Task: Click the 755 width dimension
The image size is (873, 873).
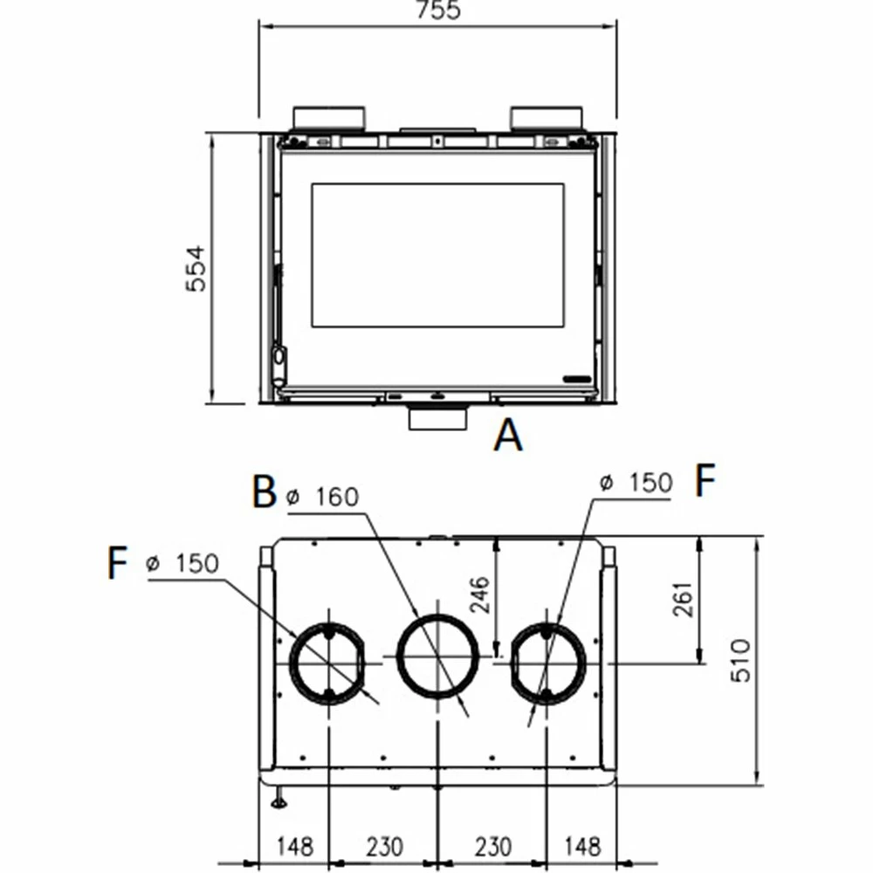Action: pos(437,10)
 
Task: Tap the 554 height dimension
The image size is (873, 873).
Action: pos(198,268)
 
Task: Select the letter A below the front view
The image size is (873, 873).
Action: pos(508,435)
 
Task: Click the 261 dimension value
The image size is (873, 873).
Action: pos(683,599)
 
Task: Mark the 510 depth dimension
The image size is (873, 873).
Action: pos(739,661)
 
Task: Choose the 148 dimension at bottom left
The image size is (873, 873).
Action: pos(295,846)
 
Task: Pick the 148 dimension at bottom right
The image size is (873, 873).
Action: pos(582,846)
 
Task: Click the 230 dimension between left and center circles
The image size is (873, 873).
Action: pos(383,846)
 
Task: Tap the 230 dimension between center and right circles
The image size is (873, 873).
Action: pos(493,846)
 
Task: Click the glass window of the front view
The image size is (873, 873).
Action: pos(437,255)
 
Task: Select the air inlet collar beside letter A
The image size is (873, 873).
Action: pos(437,419)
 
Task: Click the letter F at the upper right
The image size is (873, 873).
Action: pos(705,481)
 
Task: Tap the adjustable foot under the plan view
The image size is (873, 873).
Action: pos(278,796)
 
